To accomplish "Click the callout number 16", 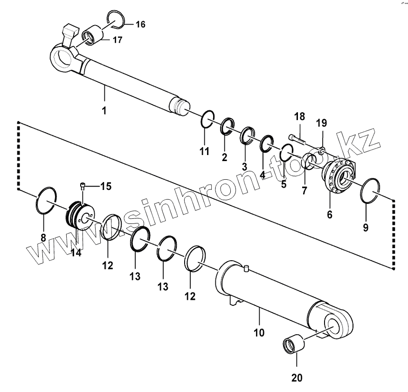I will coord(140,24).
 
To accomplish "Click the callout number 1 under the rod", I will coord(104,111).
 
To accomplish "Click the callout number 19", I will coord(322,123).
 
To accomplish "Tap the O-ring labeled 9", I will coord(372,191).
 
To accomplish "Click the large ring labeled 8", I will coord(47,199).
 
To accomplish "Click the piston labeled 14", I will coord(81,214).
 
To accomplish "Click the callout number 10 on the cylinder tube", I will coord(259,333).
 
